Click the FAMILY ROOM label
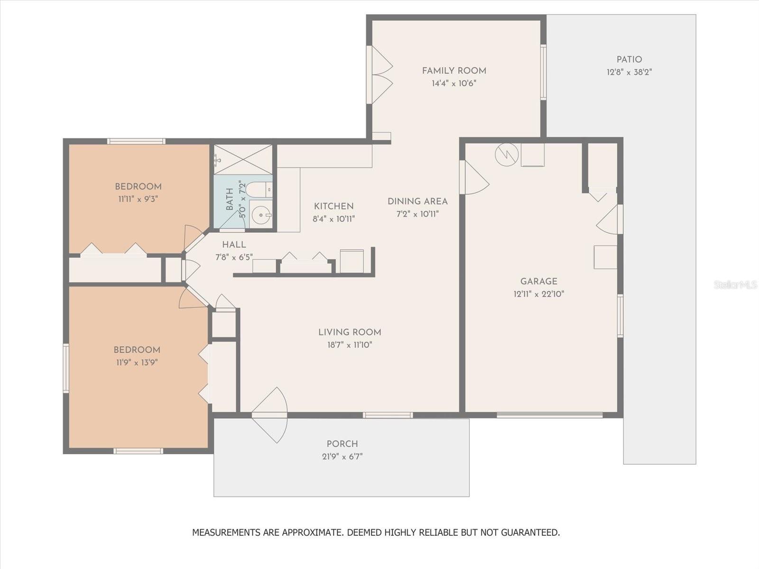[454, 71]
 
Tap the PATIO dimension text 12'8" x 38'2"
[629, 72]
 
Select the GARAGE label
[539, 281]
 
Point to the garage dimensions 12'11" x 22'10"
[539, 294]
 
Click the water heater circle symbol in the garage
[507, 155]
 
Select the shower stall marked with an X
[243, 159]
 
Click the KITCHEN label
[333, 206]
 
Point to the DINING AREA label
[417, 202]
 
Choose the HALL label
[234, 245]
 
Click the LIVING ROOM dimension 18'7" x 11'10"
[350, 345]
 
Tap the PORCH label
[342, 444]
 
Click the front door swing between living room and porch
[270, 415]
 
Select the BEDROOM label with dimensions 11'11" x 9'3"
[139, 186]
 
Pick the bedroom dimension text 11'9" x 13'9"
[137, 362]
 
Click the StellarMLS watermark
[735, 284]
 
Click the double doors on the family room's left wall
[379, 74]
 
